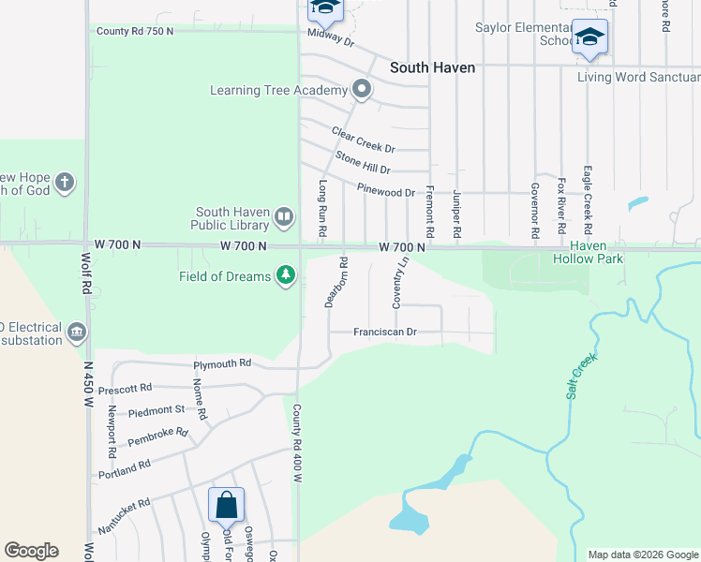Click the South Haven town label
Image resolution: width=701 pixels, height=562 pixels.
(x=432, y=67)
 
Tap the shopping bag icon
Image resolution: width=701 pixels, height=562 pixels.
(x=226, y=505)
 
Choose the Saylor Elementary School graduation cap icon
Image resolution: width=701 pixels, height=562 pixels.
(x=589, y=37)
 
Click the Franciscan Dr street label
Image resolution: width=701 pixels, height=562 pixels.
(x=384, y=332)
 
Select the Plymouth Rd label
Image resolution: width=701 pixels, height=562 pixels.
(x=222, y=363)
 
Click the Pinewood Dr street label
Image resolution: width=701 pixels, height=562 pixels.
(x=386, y=191)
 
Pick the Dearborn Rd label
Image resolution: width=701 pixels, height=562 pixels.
(x=336, y=282)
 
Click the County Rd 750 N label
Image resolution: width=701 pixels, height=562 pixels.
(x=135, y=31)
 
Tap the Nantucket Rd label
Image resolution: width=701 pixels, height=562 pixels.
(x=124, y=516)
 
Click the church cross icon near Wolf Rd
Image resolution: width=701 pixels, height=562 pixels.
(x=65, y=182)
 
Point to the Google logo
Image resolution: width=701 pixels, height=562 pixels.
(x=31, y=551)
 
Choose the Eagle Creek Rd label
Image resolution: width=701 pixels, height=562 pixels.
(x=587, y=204)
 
